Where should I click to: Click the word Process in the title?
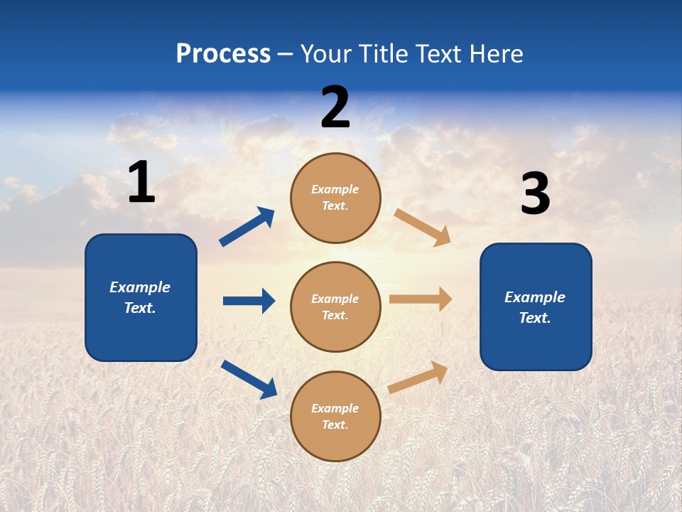tap(223, 54)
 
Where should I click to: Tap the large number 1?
tap(141, 183)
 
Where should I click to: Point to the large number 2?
tap(335, 107)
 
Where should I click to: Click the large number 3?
tap(535, 194)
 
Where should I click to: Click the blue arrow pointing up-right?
tap(247, 227)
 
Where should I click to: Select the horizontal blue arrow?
tap(249, 301)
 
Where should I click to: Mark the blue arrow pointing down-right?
tap(249, 379)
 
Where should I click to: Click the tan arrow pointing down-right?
tap(423, 228)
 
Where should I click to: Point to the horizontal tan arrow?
tap(421, 299)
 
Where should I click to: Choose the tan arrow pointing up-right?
tap(418, 377)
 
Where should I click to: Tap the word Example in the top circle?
tap(335, 190)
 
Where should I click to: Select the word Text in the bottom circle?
tap(334, 425)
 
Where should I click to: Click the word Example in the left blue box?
tap(140, 287)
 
